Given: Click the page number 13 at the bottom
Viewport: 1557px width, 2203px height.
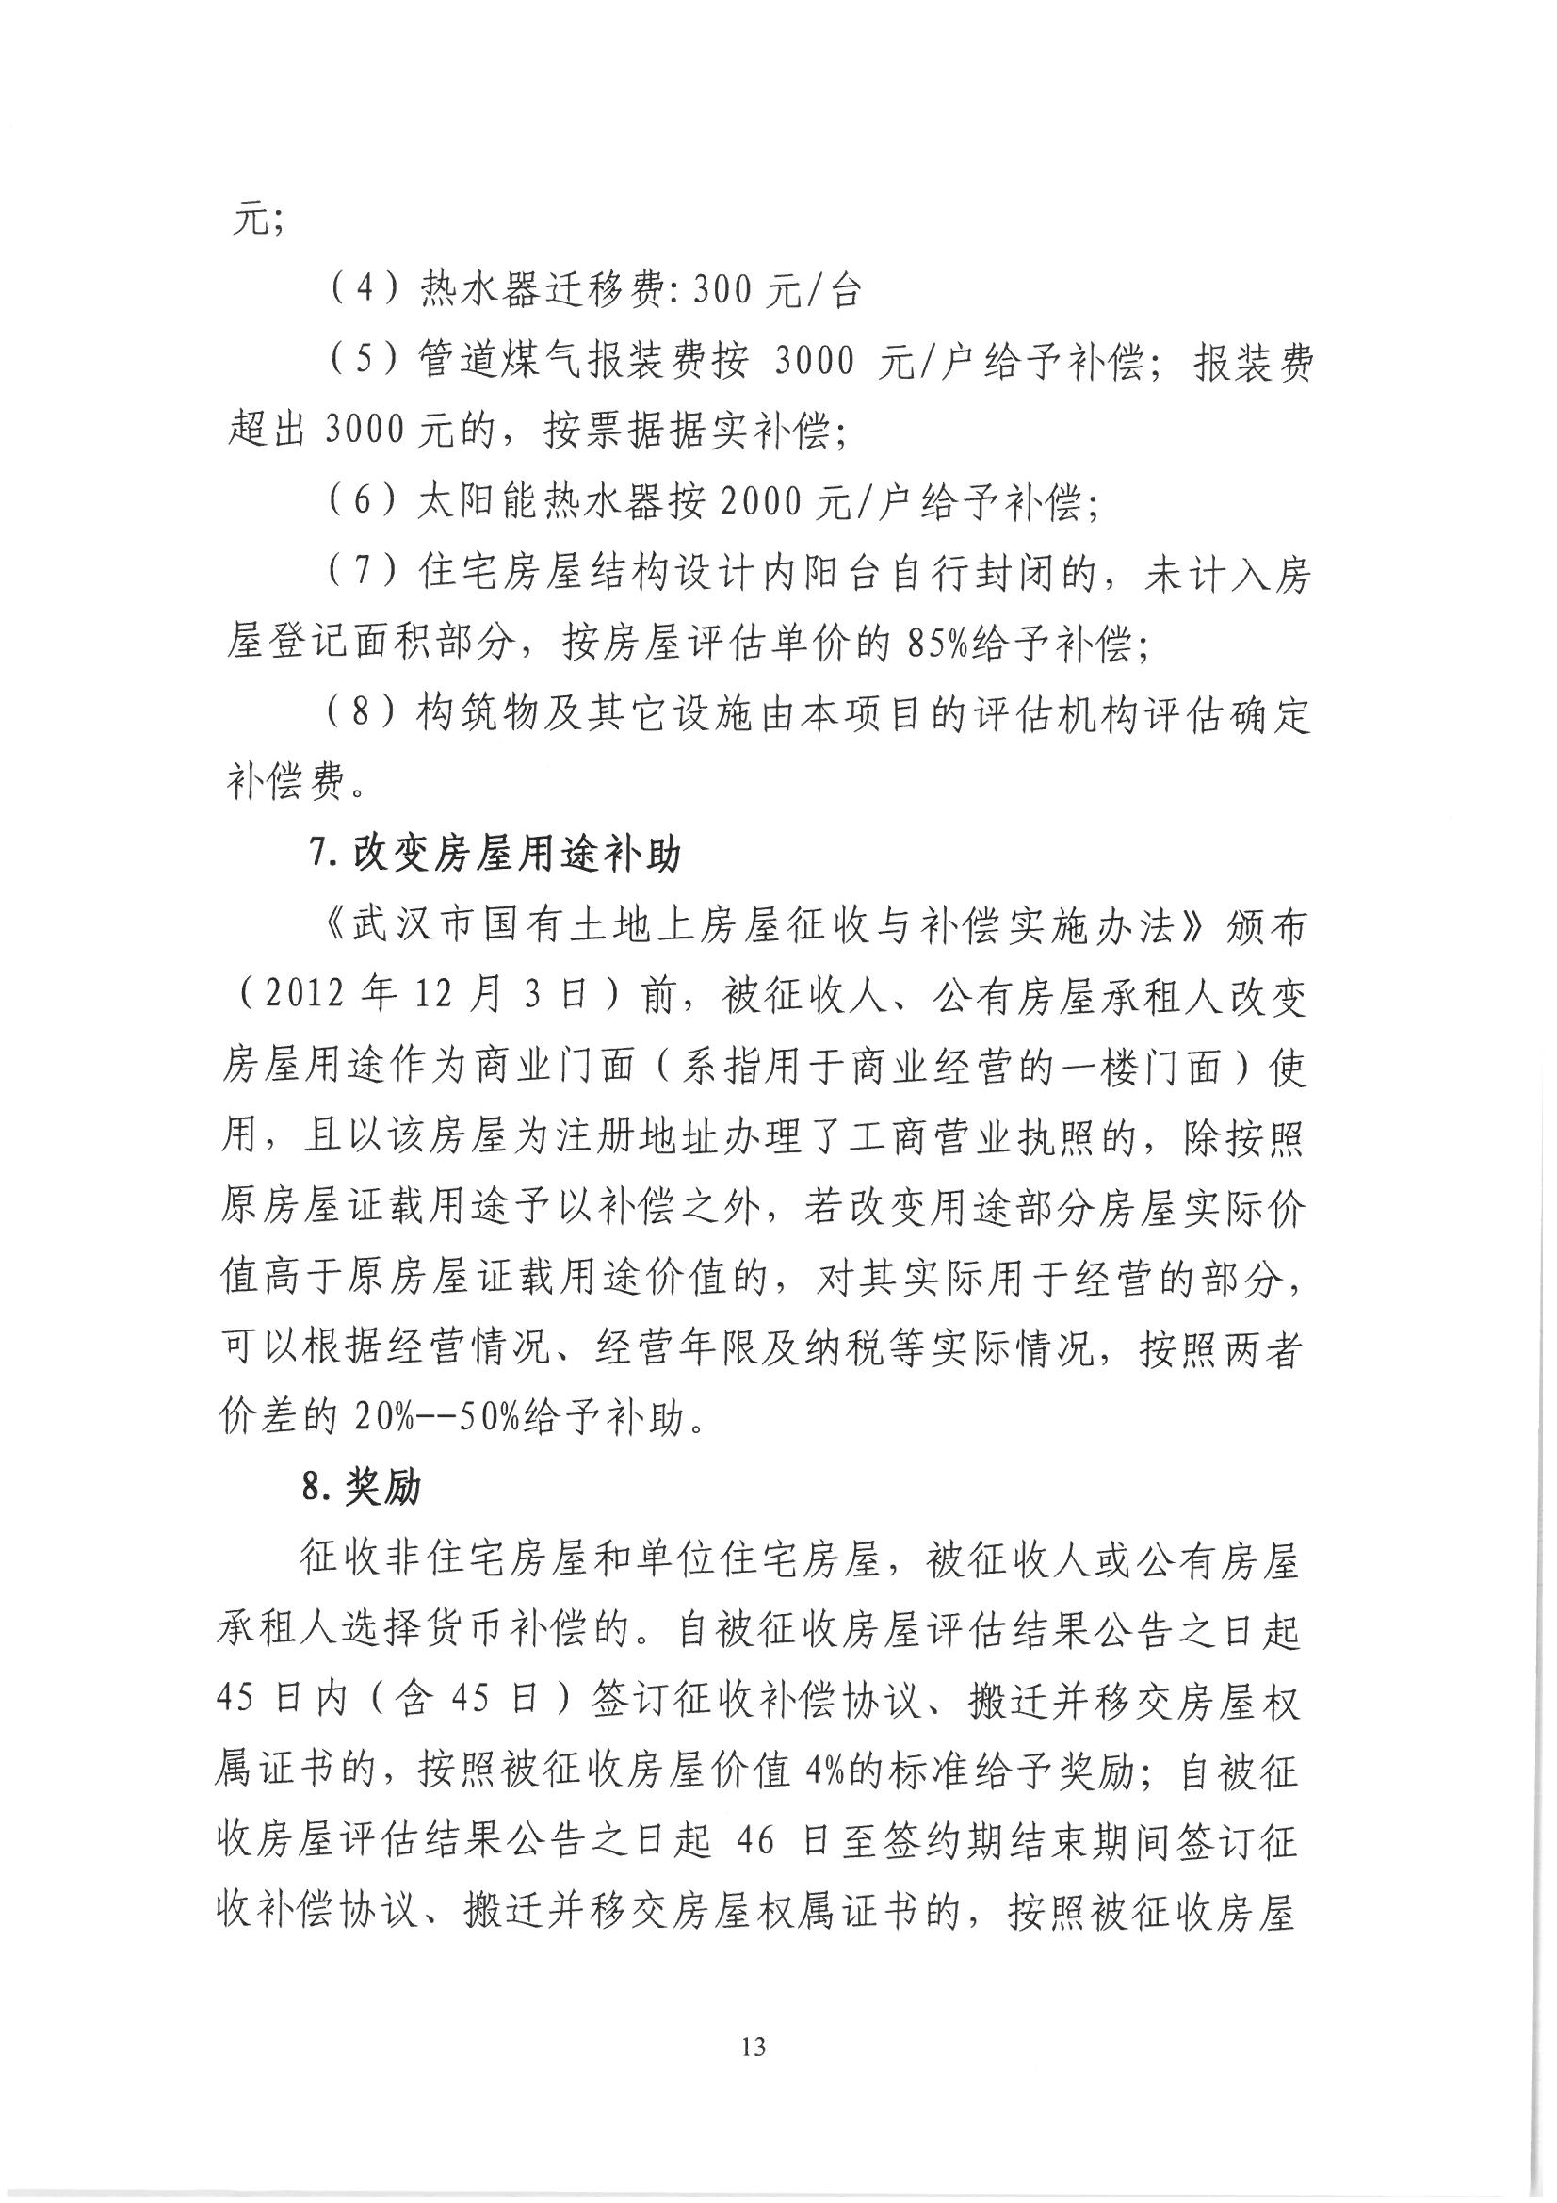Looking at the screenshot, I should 754,2047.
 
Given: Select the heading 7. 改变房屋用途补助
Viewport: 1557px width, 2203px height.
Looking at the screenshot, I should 495,854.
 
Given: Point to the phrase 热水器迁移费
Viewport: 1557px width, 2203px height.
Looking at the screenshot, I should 532,291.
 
